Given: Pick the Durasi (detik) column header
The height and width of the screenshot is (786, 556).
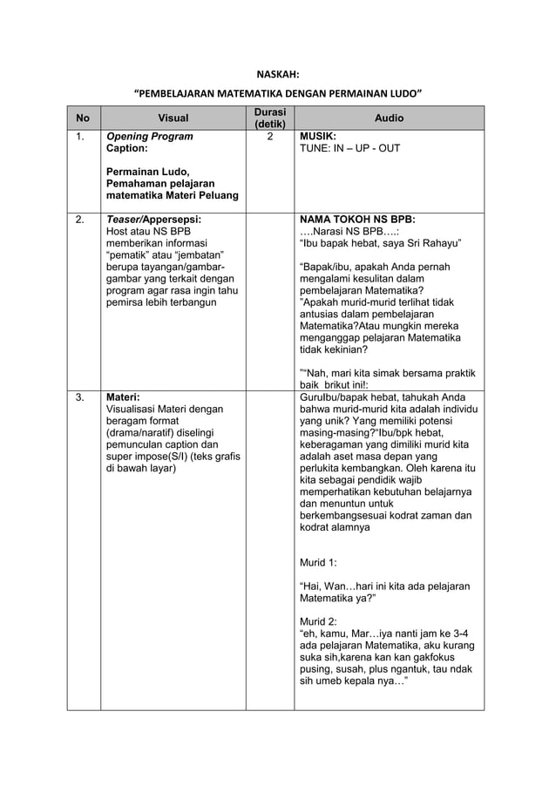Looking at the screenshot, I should tap(269, 118).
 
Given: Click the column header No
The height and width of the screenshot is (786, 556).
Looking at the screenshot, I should tap(83, 118).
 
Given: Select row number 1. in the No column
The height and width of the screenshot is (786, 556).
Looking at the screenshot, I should tap(80, 137).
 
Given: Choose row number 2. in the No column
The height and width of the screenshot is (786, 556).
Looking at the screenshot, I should tap(80, 220).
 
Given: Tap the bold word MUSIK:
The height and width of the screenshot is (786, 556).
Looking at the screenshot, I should tap(318, 137).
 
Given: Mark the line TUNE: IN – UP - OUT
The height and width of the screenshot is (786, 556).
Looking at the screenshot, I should tap(349, 149).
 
